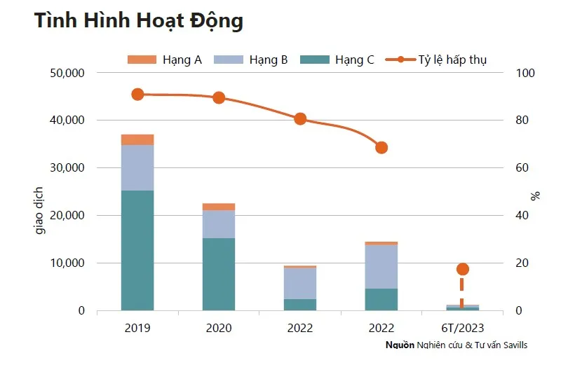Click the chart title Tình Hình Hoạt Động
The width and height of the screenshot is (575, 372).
click(x=139, y=21)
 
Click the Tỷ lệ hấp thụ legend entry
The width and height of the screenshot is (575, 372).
click(x=442, y=60)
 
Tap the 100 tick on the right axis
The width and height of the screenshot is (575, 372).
click(x=525, y=73)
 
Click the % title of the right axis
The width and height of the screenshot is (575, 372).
click(x=536, y=195)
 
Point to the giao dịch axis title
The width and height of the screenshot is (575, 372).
click(x=40, y=209)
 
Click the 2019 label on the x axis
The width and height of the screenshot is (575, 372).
click(x=137, y=327)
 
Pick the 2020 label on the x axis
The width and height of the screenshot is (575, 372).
click(x=219, y=327)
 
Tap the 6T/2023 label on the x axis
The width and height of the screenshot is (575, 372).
click(x=462, y=327)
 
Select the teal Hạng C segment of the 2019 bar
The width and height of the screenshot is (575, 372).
click(x=137, y=250)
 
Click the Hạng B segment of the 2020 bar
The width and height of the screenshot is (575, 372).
click(x=219, y=224)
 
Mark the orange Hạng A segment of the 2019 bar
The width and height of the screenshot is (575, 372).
click(x=137, y=139)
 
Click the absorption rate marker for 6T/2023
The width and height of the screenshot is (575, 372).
click(x=462, y=269)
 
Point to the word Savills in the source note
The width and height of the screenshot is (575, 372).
click(x=513, y=345)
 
